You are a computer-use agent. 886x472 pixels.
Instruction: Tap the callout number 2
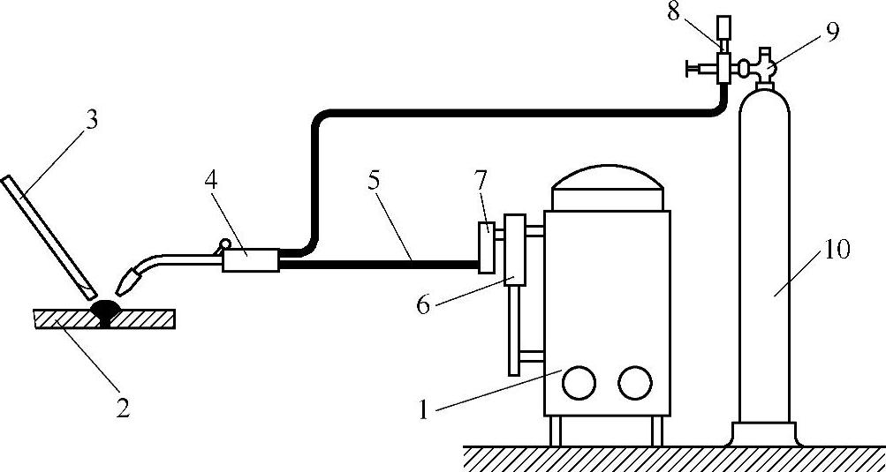point(122,408)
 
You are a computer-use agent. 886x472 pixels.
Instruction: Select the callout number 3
point(91,119)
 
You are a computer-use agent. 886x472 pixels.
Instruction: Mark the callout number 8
point(673,14)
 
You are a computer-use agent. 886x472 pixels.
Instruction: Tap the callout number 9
point(831,32)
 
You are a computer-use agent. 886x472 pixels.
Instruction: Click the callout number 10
point(837,250)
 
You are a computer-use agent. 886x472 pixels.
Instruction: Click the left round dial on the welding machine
point(579,382)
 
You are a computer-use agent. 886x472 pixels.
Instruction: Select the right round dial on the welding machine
point(634,382)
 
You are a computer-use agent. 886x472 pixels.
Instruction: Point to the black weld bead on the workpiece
point(107,311)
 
